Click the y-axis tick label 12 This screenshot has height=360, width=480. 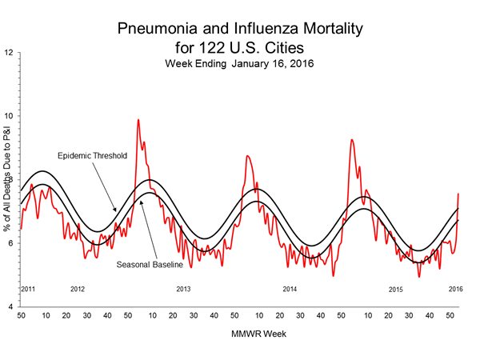8,53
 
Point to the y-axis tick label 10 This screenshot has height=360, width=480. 8,116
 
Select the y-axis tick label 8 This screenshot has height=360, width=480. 10,180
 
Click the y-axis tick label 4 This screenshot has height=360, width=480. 10,307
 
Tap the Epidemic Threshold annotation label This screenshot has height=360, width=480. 93,155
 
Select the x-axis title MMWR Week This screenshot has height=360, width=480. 238,334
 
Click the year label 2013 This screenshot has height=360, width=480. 183,289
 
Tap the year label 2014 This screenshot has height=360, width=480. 290,289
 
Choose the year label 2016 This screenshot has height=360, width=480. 455,289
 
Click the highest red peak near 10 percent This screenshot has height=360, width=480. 138,120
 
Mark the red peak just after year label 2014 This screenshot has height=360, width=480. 351,140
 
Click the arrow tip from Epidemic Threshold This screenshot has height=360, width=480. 116,212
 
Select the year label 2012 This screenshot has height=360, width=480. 78,289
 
